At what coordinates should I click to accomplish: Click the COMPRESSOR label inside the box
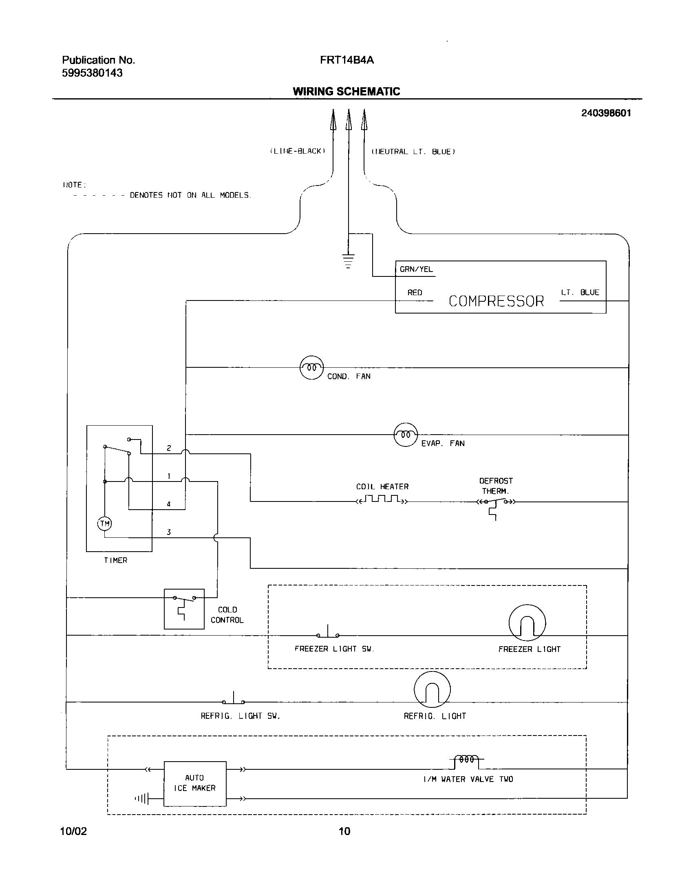[496, 301]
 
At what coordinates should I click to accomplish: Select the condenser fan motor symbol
[311, 367]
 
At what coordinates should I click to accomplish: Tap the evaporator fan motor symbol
[405, 435]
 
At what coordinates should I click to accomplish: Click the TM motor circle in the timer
[105, 524]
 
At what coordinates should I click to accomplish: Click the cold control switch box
[184, 609]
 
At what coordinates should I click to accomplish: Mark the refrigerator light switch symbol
[234, 700]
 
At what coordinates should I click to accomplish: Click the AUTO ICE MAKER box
[195, 783]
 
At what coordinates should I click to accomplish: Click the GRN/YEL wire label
[416, 269]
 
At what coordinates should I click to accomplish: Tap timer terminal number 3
[169, 532]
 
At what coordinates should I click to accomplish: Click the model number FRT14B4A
[347, 60]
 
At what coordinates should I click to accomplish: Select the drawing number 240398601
[606, 113]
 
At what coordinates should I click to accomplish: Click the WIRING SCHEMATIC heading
[346, 91]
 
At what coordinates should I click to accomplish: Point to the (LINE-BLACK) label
[298, 151]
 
